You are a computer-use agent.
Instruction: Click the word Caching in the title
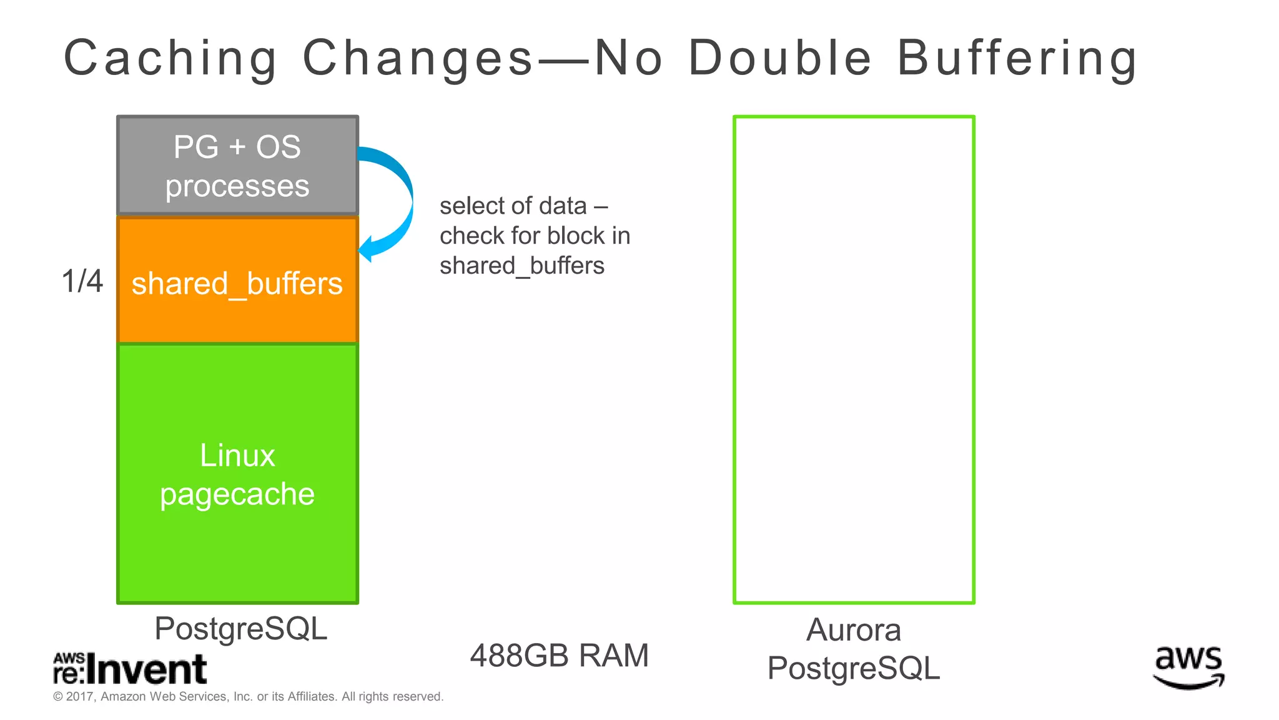point(170,59)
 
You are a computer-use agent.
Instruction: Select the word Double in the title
point(779,59)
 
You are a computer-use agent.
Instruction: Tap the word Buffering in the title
point(1017,59)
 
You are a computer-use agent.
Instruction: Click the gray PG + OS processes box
point(237,166)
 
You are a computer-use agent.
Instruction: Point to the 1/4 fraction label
point(82,281)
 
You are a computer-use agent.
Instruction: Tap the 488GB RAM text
point(559,656)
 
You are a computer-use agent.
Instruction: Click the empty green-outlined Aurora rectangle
point(854,359)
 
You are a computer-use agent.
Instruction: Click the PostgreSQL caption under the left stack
point(240,628)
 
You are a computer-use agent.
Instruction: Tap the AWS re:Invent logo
point(130,669)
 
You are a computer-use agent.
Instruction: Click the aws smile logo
point(1188,667)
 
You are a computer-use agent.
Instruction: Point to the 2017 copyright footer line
point(248,696)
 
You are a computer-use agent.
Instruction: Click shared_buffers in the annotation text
point(522,266)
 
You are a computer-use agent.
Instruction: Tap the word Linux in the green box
point(237,455)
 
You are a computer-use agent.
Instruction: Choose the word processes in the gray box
point(237,186)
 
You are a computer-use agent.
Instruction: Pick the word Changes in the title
point(417,59)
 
